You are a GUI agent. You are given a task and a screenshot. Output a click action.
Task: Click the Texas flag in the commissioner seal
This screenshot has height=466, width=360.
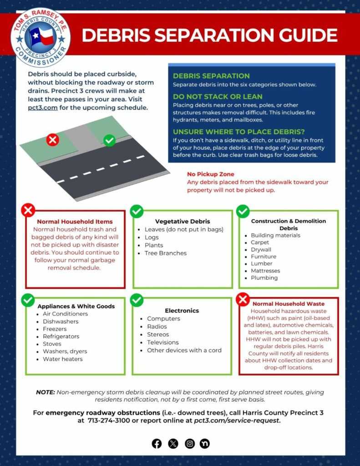pos(41,36)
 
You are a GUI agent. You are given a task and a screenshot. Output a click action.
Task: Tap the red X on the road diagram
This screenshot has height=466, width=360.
pos(53,139)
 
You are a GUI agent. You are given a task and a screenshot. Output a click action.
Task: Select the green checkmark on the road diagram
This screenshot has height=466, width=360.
pos(109,140)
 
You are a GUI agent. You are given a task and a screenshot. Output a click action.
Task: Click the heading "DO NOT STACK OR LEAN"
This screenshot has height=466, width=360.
pos(218,96)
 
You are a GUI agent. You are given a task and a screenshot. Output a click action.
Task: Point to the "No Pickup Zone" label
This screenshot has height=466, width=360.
pos(211,174)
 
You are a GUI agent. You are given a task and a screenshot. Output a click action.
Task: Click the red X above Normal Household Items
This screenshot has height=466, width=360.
pos(28,210)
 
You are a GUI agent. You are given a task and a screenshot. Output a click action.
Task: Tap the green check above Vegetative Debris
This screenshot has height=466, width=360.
pos(137,211)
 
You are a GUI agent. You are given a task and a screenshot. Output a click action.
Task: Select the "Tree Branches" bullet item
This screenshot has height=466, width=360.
pos(166,253)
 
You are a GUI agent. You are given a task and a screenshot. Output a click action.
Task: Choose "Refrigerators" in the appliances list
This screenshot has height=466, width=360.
pos(61,336)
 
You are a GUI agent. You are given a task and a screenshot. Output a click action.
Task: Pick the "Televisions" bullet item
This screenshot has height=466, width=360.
pos(162,342)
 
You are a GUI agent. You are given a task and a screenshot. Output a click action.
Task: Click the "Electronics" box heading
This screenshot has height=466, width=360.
pos(182,310)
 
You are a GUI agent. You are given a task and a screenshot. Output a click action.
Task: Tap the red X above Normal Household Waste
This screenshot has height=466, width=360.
pos(243,299)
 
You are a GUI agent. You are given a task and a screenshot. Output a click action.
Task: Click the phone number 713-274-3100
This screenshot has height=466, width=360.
pos(108,420)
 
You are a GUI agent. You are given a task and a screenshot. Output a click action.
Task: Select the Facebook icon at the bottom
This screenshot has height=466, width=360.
pos(157,444)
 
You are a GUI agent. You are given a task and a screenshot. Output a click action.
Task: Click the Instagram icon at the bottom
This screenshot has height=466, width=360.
pos(189,444)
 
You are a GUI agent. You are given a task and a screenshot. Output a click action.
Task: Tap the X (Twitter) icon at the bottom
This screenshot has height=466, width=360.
pos(173,444)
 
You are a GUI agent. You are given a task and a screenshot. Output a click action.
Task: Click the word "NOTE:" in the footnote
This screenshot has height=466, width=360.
pos(46,392)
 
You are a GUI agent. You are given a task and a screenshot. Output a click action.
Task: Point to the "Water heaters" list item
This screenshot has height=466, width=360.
pos(63,359)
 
